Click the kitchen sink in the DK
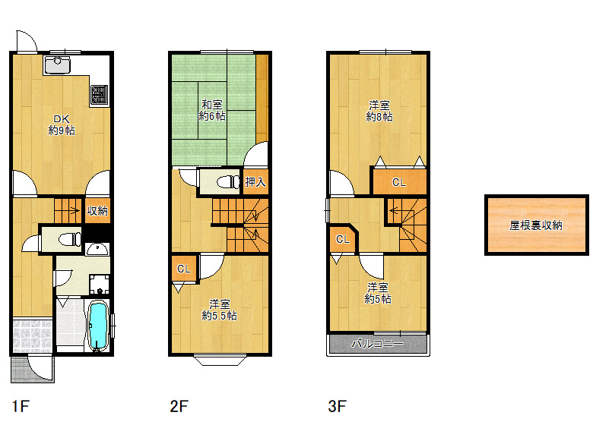[x=57, y=65]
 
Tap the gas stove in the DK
[x=100, y=95]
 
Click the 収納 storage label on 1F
[x=97, y=211]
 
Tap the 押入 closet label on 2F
[x=255, y=182]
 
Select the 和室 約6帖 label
[x=212, y=110]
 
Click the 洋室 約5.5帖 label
[x=220, y=310]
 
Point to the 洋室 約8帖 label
[x=379, y=111]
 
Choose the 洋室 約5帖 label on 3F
[x=378, y=293]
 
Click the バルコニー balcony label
[x=377, y=344]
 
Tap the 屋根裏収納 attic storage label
[x=536, y=225]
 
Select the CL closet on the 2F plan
[x=184, y=269]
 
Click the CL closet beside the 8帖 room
[x=399, y=182]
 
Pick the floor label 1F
[x=21, y=406]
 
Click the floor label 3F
[x=337, y=406]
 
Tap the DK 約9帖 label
[x=62, y=125]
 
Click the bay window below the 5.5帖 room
[x=220, y=360]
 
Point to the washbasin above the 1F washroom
[x=97, y=248]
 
